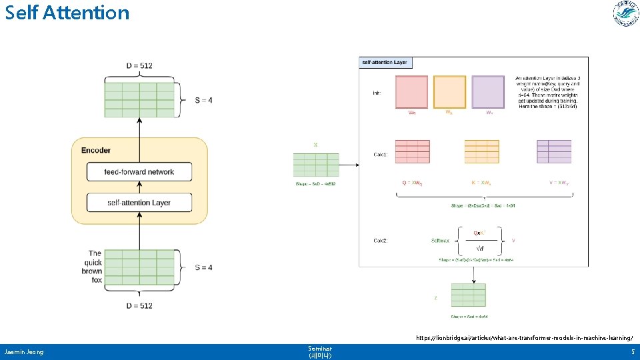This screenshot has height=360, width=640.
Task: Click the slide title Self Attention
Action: click(x=67, y=13)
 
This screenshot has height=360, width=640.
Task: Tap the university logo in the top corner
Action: click(x=625, y=14)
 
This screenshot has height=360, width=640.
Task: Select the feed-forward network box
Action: click(x=139, y=172)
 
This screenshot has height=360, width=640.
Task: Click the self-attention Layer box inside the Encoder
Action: click(x=139, y=203)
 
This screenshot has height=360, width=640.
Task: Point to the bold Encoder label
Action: click(x=95, y=150)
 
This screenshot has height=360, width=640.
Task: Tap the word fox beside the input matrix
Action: click(x=97, y=280)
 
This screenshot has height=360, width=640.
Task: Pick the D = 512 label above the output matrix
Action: click(x=139, y=65)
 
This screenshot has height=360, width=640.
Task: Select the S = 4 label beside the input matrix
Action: click(x=203, y=267)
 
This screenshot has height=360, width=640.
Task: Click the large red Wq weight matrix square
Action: click(x=411, y=92)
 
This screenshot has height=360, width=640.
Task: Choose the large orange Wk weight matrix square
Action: click(x=449, y=92)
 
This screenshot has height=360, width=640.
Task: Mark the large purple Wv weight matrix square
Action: click(x=488, y=92)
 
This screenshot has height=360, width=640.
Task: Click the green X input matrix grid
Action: click(x=316, y=165)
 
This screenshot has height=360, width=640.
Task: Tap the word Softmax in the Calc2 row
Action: click(x=441, y=240)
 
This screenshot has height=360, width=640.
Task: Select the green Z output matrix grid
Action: click(x=468, y=295)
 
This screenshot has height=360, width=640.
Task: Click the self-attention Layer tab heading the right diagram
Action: click(x=385, y=63)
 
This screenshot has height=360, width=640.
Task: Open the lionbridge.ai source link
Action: click(x=524, y=338)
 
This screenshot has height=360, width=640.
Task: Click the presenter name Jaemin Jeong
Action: click(x=23, y=351)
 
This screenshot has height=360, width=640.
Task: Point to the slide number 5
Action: click(x=632, y=351)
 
